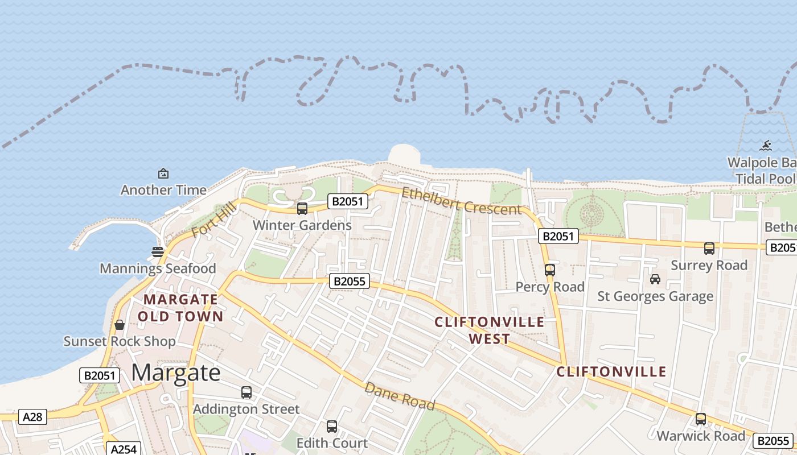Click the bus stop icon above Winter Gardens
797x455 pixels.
[x=302, y=209]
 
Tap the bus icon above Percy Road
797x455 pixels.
[x=550, y=270]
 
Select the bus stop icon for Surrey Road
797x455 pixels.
[x=709, y=249]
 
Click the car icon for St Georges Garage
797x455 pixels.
[x=655, y=279]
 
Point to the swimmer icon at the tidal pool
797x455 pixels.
[x=766, y=146]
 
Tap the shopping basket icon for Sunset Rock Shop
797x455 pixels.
[x=120, y=325]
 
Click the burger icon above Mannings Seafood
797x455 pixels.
[x=158, y=251]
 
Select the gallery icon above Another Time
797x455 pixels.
[x=163, y=173]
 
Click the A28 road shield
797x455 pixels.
[x=32, y=417]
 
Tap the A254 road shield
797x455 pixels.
[x=124, y=449]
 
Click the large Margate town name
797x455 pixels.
[x=176, y=373]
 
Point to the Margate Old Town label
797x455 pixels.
[x=180, y=308]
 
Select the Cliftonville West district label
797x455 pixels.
[x=490, y=330]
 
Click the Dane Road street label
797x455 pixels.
[x=400, y=396]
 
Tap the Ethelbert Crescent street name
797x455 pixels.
[x=461, y=201]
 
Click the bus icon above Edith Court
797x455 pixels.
[x=332, y=426]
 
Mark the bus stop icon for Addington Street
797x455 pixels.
[x=247, y=392]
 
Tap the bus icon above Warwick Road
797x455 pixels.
[x=701, y=419]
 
